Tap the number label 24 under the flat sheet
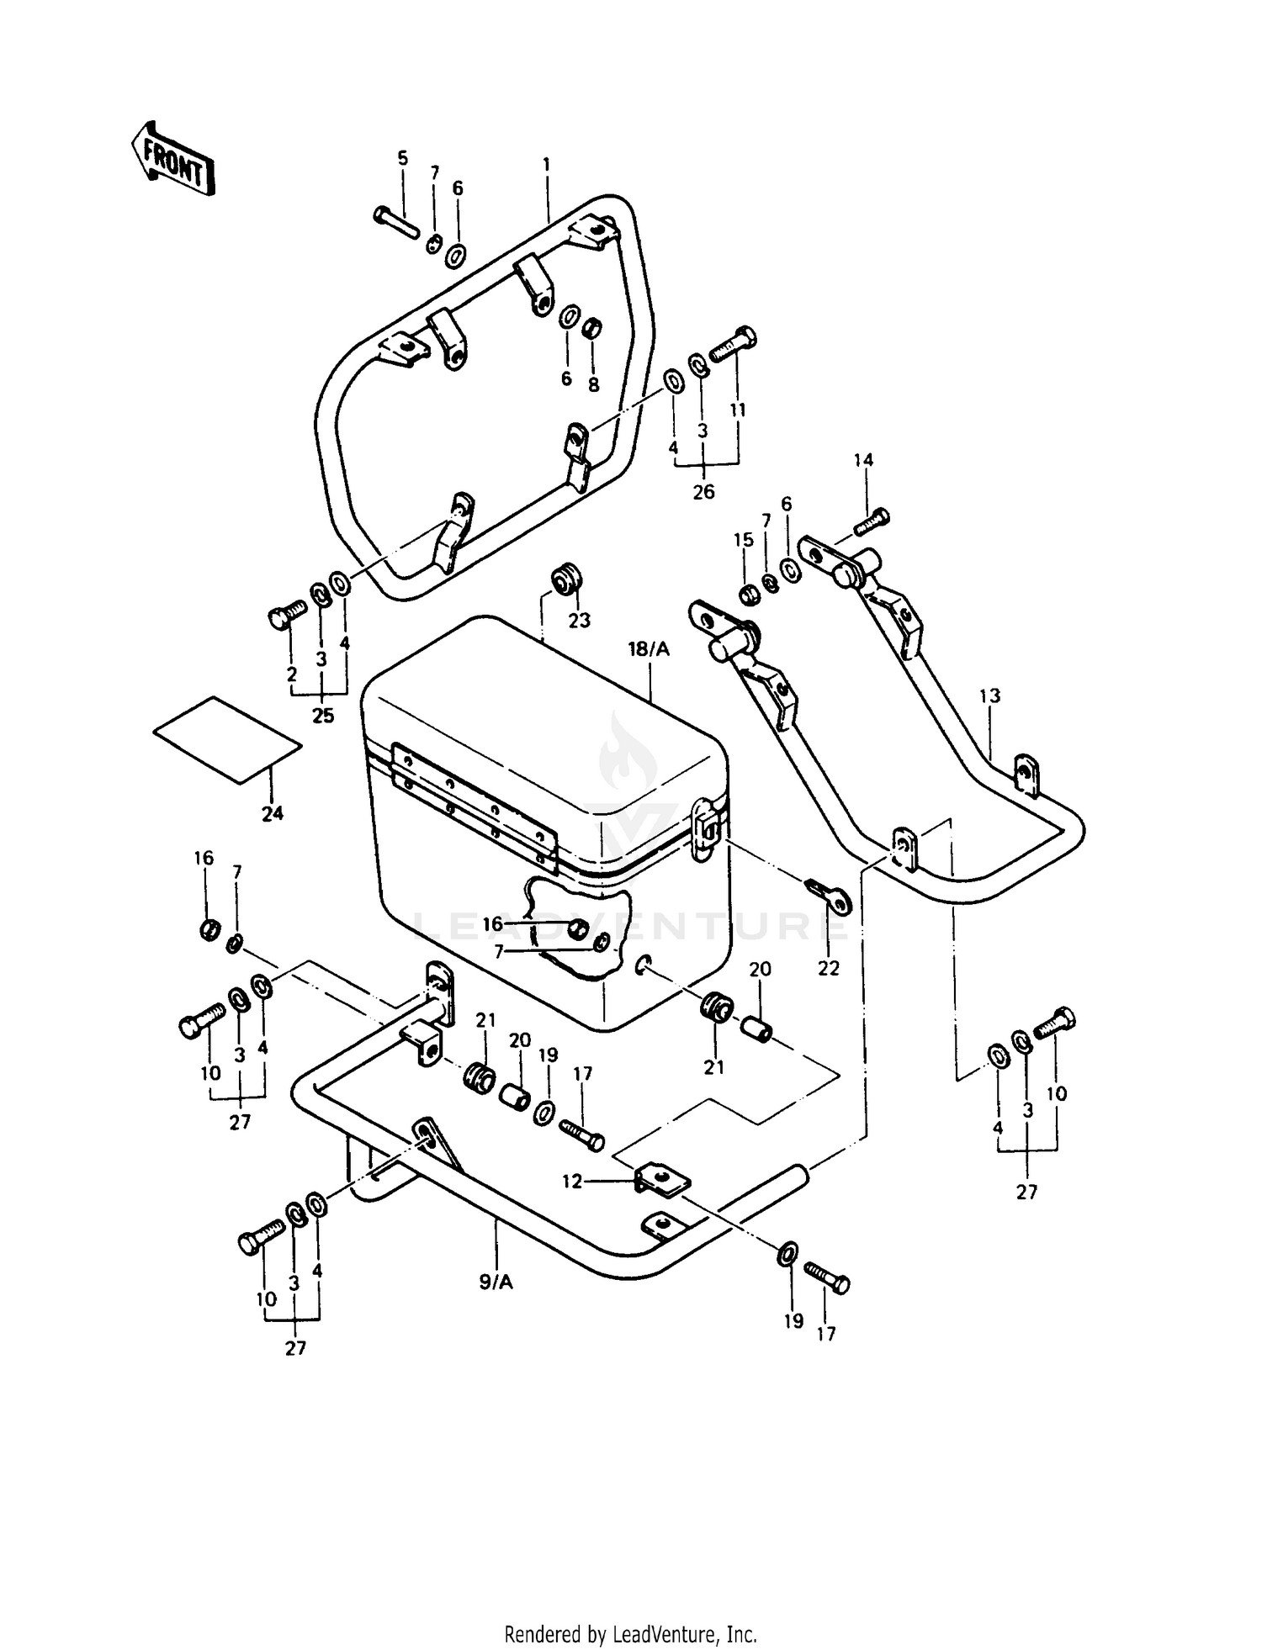pyautogui.click(x=273, y=813)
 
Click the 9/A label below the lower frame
pyautogui.click(x=496, y=1282)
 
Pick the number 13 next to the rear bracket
pyautogui.click(x=990, y=696)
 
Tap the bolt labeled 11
pyautogui.click(x=734, y=345)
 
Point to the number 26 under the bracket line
pyautogui.click(x=703, y=492)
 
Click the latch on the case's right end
pyautogui.click(x=705, y=828)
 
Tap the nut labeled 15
pyautogui.click(x=745, y=595)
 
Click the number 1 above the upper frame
pyautogui.click(x=546, y=166)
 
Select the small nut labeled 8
pyautogui.click(x=592, y=326)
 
